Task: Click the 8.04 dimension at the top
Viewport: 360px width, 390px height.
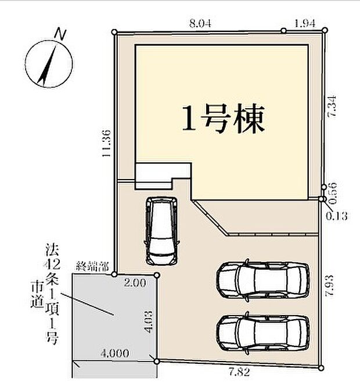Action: pyautogui.click(x=200, y=24)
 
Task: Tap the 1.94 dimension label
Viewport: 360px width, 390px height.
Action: pyautogui.click(x=305, y=24)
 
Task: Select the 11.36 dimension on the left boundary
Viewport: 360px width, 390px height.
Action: pyautogui.click(x=106, y=143)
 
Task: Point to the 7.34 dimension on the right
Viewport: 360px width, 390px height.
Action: pyautogui.click(x=332, y=106)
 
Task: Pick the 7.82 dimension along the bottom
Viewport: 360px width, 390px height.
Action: pyautogui.click(x=239, y=373)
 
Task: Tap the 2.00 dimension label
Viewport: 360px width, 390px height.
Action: pyautogui.click(x=135, y=283)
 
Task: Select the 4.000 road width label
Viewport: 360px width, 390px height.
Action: pyautogui.click(x=115, y=353)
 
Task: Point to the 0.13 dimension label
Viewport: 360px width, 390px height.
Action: pyautogui.click(x=336, y=216)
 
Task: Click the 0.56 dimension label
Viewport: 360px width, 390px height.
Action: pyautogui.click(x=333, y=193)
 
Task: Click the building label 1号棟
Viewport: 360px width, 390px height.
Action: pyautogui.click(x=223, y=119)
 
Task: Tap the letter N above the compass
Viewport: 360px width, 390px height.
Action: pyautogui.click(x=60, y=34)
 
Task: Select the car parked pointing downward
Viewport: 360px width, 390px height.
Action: pyautogui.click(x=162, y=231)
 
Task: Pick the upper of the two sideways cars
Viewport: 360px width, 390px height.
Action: pyautogui.click(x=263, y=281)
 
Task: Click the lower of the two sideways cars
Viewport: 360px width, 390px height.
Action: pyautogui.click(x=263, y=333)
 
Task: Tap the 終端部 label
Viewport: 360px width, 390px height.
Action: pyautogui.click(x=92, y=267)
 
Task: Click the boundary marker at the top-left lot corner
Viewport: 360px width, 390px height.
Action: pyautogui.click(x=114, y=32)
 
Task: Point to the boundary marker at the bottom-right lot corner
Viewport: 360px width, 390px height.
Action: pyautogui.click(x=321, y=368)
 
